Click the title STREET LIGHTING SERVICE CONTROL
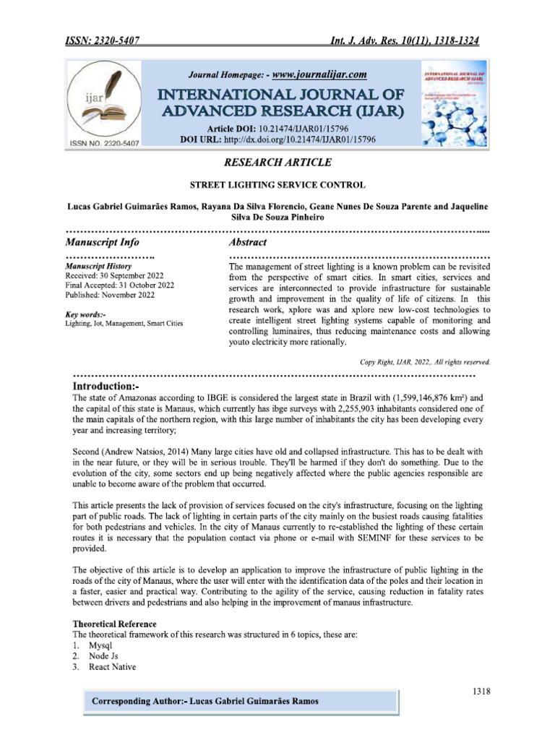(x=277, y=185)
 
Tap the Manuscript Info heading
(x=103, y=242)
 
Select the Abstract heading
(x=248, y=242)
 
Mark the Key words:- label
(x=85, y=314)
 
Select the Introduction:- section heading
(x=116, y=387)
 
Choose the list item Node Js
(x=103, y=655)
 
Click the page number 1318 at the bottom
(x=481, y=691)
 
